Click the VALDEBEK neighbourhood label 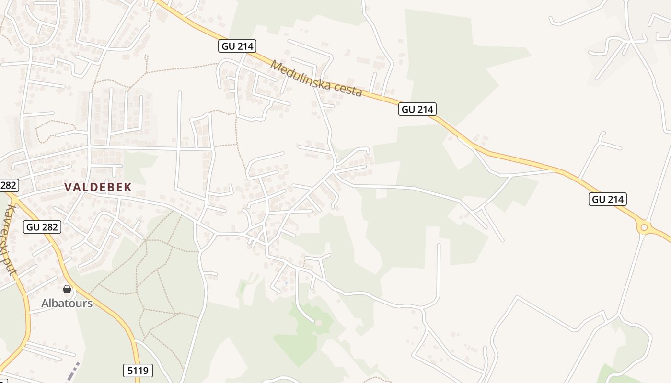(98, 187)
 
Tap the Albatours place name (67, 303)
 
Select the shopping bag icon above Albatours (67, 289)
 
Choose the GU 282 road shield (42, 226)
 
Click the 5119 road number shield (138, 370)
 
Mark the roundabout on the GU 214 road (644, 227)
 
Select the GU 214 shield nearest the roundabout (608, 199)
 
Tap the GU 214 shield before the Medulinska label (238, 46)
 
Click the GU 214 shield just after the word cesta (417, 109)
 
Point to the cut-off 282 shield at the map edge (8, 185)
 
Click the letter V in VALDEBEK (68, 187)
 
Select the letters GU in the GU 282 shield (33, 226)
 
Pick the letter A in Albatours (45, 303)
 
